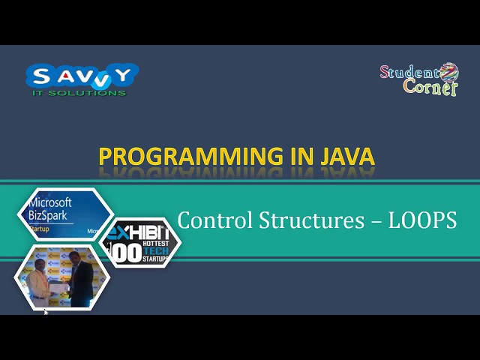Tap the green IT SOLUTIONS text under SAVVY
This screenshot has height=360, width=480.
(79, 93)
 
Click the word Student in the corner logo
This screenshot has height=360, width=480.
(409, 72)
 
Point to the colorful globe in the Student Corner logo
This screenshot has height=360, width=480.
(448, 73)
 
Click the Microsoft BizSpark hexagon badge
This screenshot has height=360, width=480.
(64, 214)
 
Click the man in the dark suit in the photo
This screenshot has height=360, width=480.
(80, 277)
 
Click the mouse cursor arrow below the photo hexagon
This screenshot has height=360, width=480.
(46, 311)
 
